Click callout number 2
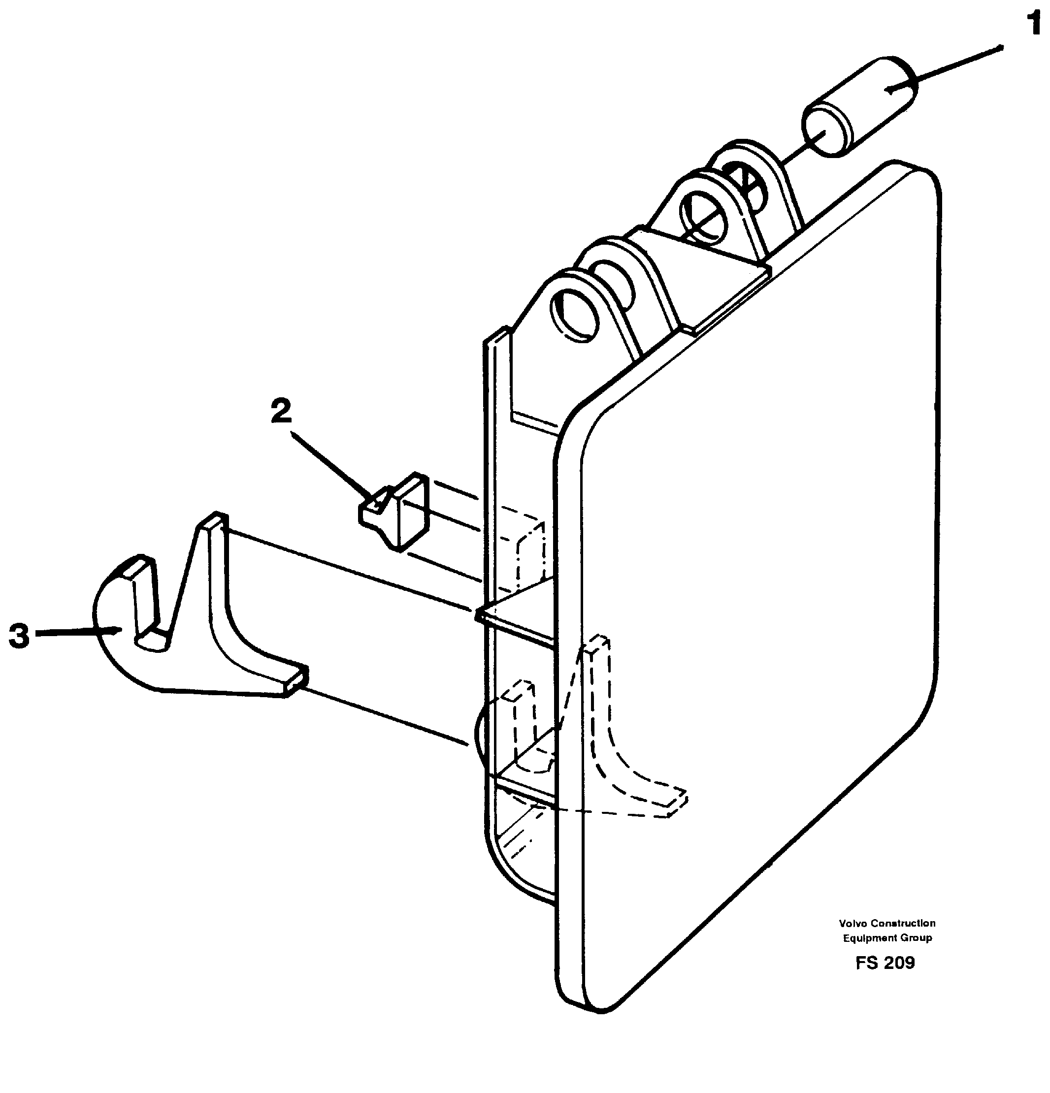281,412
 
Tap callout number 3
19,636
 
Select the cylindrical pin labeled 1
859,106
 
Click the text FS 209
885,963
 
